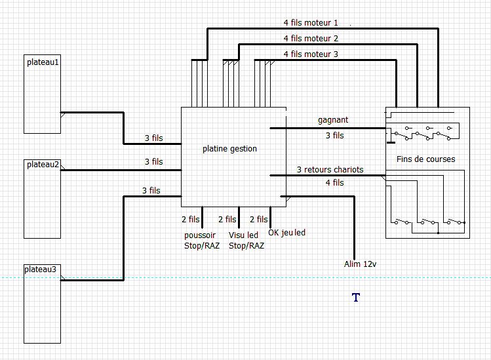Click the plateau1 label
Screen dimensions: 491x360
click(43, 62)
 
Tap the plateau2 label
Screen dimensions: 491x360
click(43, 165)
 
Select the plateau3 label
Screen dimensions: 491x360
click(41, 270)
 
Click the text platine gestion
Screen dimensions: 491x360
click(229, 149)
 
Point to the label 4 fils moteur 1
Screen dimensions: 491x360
click(311, 23)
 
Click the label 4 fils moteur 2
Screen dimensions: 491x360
click(311, 39)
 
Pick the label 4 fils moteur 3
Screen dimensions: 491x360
click(311, 54)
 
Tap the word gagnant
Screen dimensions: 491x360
click(333, 120)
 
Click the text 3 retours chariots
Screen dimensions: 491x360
click(330, 169)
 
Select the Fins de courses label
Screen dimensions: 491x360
click(426, 159)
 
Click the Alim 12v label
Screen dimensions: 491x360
click(360, 264)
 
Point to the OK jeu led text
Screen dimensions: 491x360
click(287, 233)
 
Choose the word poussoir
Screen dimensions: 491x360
click(200, 235)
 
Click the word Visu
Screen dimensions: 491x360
click(236, 235)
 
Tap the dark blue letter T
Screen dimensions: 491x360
click(356, 297)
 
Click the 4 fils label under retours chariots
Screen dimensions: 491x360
click(335, 183)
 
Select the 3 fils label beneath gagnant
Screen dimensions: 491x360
click(335, 136)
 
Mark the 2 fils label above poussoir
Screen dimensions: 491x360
click(190, 219)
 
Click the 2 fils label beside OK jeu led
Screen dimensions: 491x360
click(259, 219)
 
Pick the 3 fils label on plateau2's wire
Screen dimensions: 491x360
click(154, 162)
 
